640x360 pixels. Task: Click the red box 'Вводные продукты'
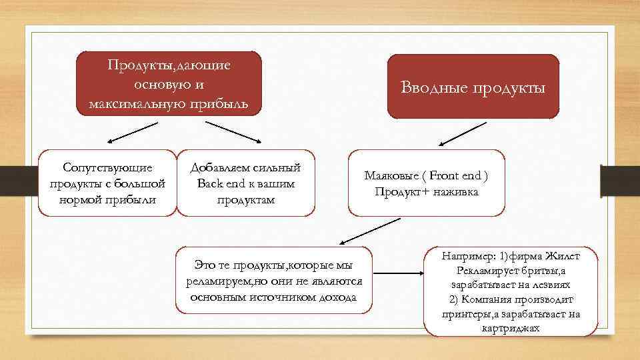473,87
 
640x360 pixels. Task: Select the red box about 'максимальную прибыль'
169,83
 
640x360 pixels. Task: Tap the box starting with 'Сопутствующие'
107,183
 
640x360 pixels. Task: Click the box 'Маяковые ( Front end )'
426,183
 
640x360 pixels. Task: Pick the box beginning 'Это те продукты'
273,280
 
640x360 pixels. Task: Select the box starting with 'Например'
511,292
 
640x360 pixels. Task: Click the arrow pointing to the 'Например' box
399,273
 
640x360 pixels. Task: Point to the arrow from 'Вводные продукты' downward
454,134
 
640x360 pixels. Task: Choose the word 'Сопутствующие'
107,167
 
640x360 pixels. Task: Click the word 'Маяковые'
392,177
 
